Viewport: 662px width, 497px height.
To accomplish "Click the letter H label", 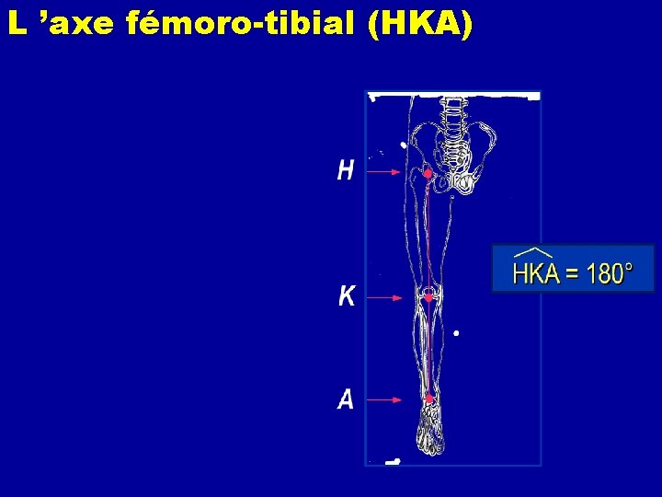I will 346,170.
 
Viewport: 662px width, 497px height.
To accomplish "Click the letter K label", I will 347,296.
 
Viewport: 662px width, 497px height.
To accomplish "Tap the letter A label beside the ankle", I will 346,399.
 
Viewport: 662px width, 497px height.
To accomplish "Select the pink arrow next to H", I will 384,171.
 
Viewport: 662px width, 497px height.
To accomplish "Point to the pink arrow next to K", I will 386,297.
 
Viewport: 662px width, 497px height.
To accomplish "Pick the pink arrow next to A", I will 386,399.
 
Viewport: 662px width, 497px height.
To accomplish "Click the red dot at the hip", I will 428,173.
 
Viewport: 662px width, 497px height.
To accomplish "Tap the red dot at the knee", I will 428,297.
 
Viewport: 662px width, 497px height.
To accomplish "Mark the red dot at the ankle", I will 429,399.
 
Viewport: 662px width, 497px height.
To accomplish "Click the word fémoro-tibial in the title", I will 239,25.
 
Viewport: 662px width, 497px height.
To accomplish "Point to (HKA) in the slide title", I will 418,25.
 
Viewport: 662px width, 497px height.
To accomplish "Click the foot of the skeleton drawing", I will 430,433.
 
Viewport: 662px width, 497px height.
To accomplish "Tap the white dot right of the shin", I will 457,333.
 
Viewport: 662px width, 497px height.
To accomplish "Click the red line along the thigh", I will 428,235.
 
